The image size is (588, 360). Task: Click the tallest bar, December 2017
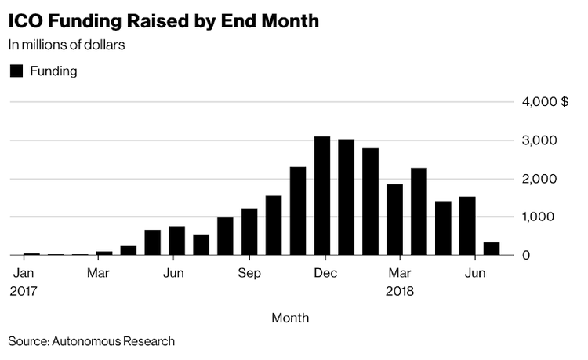point(322,196)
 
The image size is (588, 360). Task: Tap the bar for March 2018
point(394,220)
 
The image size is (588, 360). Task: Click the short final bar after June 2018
point(492,249)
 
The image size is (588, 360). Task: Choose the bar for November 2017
point(298,211)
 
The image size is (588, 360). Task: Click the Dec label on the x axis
point(326,274)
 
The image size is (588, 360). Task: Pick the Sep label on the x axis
point(249,274)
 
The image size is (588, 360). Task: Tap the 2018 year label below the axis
point(398,289)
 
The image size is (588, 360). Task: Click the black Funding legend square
point(16,71)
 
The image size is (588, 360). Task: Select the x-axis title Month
point(290,318)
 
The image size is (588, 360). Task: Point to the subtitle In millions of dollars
point(67,45)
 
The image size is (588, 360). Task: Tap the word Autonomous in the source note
point(86,341)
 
